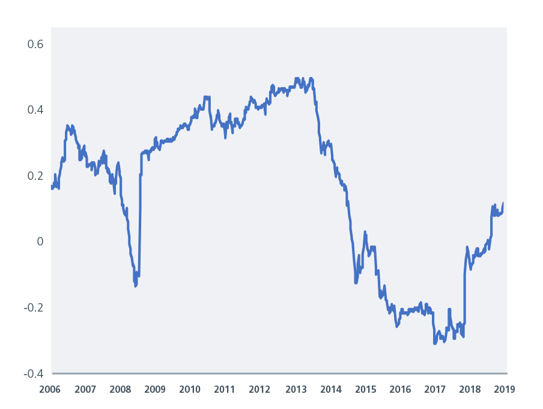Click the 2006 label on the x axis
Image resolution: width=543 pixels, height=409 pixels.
coord(50,389)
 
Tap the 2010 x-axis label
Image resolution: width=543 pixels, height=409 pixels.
coord(190,389)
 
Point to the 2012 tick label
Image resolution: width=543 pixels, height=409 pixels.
coord(260,389)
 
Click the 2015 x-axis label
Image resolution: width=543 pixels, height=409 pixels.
coord(365,389)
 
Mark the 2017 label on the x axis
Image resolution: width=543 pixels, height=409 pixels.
coord(435,389)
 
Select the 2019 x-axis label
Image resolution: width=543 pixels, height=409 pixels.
coord(504,389)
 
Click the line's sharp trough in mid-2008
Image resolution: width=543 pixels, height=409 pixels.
coord(136,286)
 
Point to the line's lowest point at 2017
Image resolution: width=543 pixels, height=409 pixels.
coord(435,343)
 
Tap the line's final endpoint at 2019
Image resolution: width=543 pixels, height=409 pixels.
coord(503,203)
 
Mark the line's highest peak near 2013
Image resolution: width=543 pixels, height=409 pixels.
coord(296,78)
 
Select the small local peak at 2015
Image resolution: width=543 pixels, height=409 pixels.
coord(365,232)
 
